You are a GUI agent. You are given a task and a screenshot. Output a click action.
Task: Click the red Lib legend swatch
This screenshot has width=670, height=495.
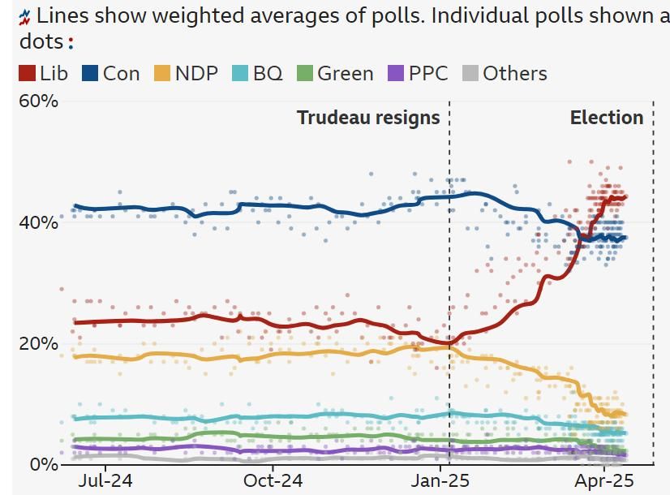coord(27,74)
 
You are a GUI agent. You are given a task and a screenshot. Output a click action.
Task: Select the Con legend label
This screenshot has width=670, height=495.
coord(121,74)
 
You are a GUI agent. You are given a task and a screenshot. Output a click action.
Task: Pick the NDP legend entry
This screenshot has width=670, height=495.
coord(196,74)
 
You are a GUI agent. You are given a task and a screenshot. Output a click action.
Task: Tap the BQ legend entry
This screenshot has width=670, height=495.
coord(268,74)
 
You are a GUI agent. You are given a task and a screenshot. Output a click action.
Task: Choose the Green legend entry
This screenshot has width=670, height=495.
coord(345,74)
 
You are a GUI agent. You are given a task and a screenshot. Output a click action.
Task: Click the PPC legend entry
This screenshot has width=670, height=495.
coord(428,74)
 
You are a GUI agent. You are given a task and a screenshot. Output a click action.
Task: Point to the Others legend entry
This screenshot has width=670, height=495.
coord(515,74)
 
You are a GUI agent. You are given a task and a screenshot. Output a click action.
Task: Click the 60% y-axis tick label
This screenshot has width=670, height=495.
coord(38,101)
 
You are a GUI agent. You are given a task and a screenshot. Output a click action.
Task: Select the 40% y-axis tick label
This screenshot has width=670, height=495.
coord(38,222)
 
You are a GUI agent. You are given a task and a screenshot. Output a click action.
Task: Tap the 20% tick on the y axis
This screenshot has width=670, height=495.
coord(38,343)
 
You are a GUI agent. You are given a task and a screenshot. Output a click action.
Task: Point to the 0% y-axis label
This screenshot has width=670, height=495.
coord(44,464)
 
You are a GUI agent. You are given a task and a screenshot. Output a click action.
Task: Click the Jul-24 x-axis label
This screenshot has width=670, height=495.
coord(105,481)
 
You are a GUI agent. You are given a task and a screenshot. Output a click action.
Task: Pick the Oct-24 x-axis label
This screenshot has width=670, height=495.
coord(273,481)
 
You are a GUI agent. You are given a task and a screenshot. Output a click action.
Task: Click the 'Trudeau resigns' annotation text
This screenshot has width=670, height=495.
coord(368,118)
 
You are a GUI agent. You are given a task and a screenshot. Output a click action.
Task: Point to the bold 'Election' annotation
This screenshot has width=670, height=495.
coord(607,118)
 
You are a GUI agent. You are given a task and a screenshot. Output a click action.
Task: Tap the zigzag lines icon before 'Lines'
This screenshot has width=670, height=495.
coord(25,15)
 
